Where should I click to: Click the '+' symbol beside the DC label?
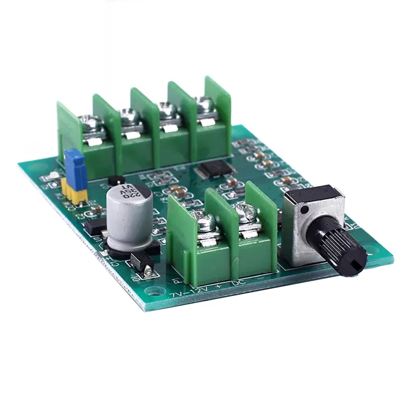pyautogui.click(x=219, y=287)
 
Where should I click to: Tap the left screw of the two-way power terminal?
pyautogui.click(x=207, y=222)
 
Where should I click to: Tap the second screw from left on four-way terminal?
pyautogui.click(x=129, y=118)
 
